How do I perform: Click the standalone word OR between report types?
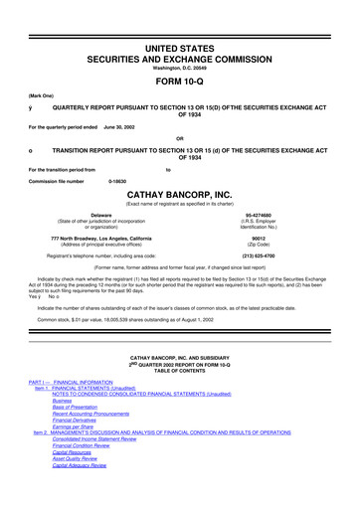point(179,137)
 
